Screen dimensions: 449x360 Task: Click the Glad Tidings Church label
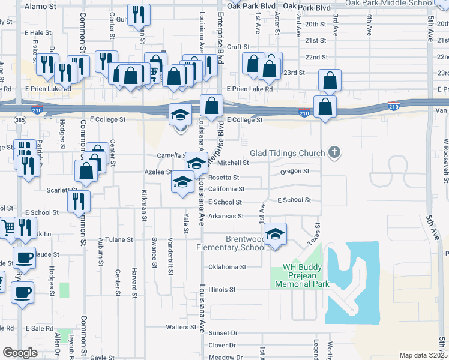point(287,153)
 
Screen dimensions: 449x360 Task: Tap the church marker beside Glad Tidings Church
point(335,153)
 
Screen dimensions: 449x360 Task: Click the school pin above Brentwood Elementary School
point(275,233)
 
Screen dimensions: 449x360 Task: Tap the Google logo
point(20,353)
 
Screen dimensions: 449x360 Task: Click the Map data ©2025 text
point(423,355)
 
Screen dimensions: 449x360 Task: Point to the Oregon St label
point(294,171)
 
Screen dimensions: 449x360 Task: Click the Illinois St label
point(222,290)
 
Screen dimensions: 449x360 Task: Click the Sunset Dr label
point(223,333)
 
